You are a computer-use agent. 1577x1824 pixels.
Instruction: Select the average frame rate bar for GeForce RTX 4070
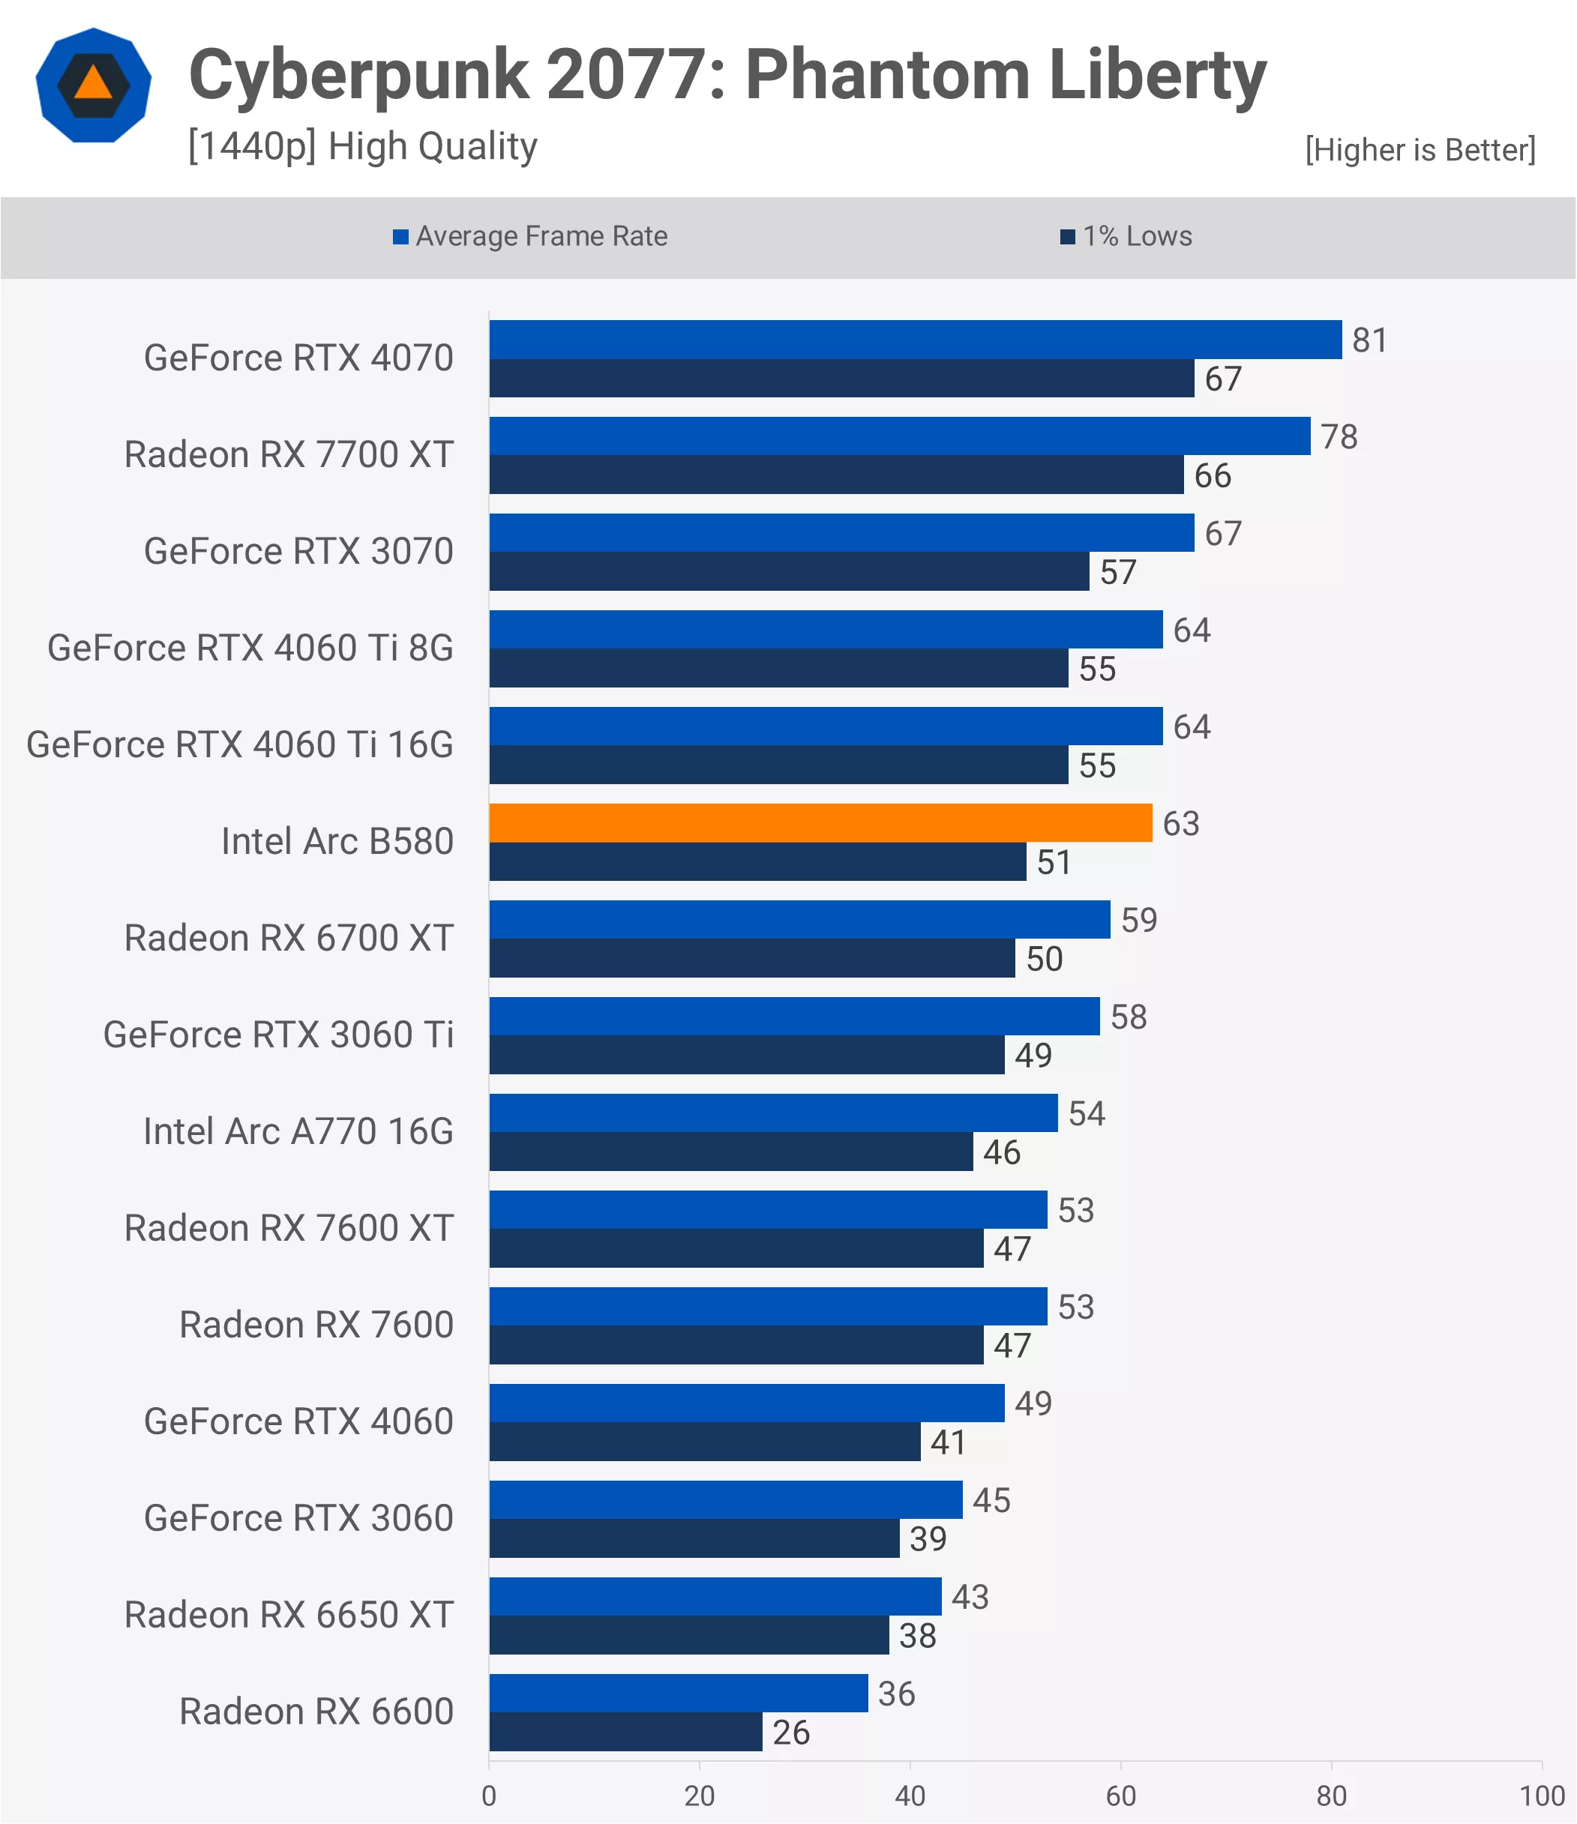(x=915, y=339)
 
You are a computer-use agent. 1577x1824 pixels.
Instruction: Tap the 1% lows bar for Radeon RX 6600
(x=625, y=1732)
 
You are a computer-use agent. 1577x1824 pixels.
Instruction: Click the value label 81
(x=1369, y=340)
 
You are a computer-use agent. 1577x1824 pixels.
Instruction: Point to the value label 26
(x=790, y=1733)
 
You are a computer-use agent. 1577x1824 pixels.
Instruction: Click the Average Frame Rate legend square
(x=400, y=237)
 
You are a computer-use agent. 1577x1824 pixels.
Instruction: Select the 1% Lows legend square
(x=1067, y=237)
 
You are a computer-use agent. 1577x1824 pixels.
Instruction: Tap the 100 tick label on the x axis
(x=1542, y=1796)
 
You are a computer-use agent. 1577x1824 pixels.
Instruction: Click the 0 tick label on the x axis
(x=489, y=1796)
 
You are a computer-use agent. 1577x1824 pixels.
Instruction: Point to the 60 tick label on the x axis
(x=1121, y=1796)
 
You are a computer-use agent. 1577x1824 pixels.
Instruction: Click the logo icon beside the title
(x=93, y=85)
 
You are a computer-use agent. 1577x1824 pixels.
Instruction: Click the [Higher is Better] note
(x=1420, y=150)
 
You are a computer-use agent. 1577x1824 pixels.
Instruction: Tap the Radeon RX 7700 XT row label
(x=289, y=454)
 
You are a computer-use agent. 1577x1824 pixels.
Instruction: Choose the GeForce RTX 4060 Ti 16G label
(x=239, y=744)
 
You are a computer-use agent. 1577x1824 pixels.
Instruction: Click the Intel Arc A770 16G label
(x=298, y=1131)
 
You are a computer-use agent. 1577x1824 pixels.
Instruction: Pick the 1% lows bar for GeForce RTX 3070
(x=789, y=571)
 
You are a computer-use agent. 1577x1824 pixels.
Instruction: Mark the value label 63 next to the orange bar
(x=1181, y=823)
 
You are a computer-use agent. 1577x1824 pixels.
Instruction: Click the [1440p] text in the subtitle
(x=252, y=146)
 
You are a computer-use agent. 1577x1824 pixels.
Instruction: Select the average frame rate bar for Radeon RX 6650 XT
(x=715, y=1596)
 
